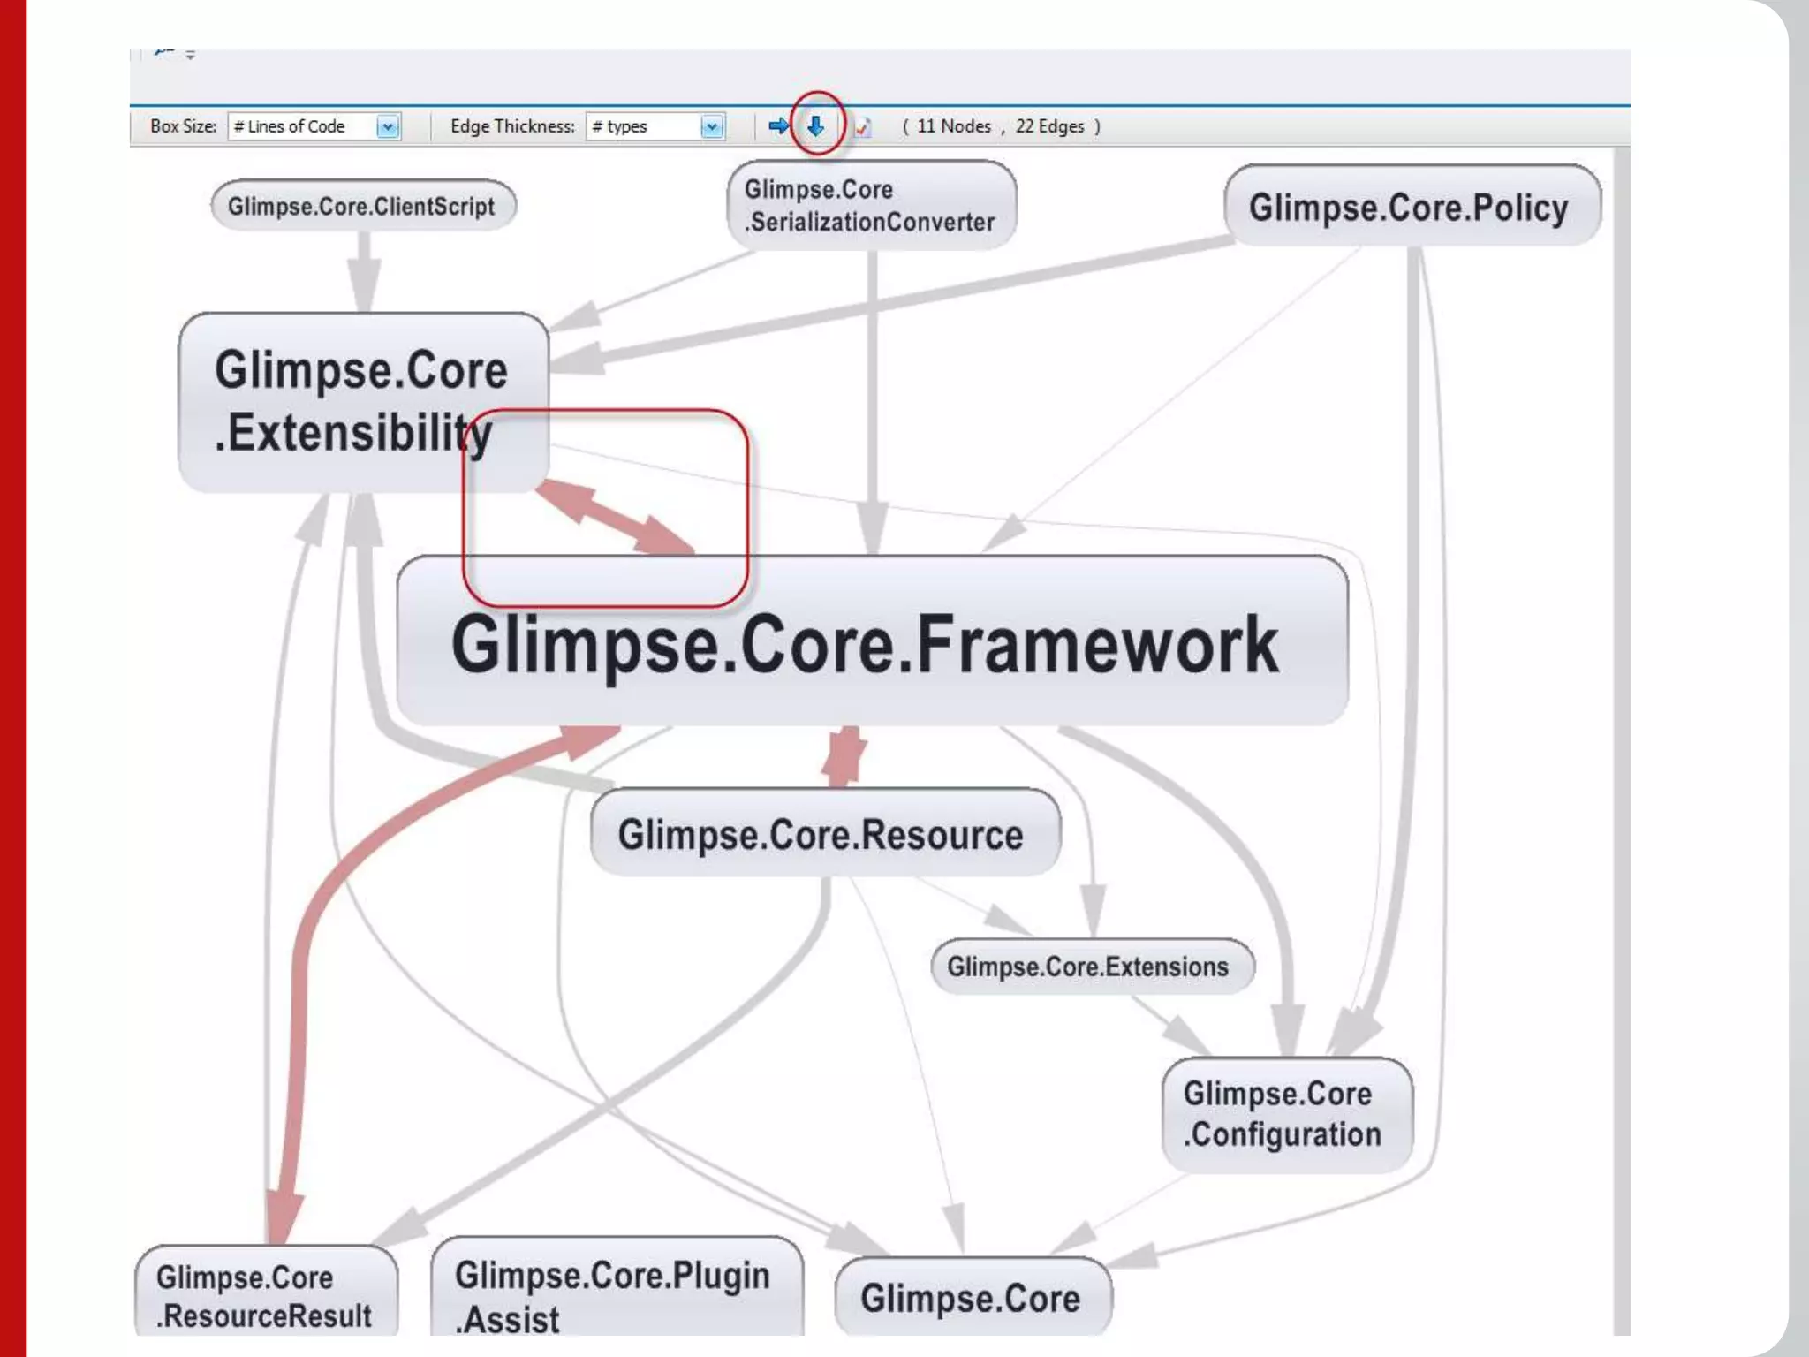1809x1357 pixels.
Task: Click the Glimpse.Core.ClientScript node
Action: [363, 206]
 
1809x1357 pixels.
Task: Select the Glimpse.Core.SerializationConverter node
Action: [871, 205]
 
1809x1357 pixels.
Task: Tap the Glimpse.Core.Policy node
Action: [1412, 207]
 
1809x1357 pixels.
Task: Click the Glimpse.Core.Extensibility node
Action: [362, 402]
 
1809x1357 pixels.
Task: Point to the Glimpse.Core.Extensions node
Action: [1092, 967]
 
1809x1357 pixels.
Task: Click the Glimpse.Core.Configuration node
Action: [1286, 1114]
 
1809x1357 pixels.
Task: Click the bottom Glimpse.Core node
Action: [973, 1298]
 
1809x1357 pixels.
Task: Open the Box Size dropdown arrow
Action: [388, 127]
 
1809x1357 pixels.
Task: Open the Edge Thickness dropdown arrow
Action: [712, 127]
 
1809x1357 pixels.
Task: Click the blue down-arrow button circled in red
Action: [816, 126]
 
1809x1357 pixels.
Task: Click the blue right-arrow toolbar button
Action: [778, 126]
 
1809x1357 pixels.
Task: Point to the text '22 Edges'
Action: [1049, 126]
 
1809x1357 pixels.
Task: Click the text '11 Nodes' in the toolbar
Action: [954, 126]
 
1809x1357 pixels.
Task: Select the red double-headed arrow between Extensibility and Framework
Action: [615, 518]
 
